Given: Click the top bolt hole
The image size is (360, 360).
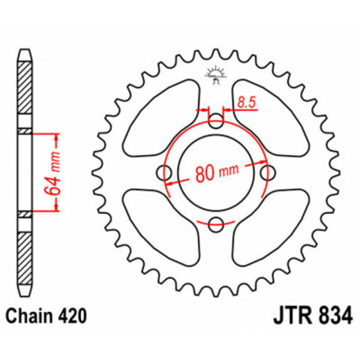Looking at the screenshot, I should coord(216,120).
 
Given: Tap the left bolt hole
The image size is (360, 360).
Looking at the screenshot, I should coord(165,172).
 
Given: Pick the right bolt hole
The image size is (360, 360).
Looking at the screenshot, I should coord(268,172).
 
